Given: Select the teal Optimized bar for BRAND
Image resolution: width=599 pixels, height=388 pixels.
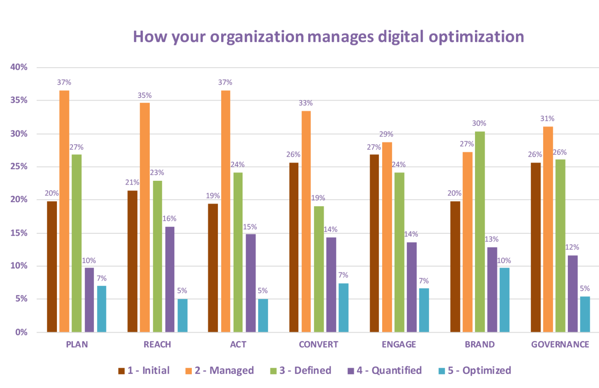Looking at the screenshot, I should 504,300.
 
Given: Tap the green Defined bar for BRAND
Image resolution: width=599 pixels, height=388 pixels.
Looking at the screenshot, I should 480,232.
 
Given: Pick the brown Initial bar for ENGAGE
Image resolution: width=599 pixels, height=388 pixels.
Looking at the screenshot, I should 374,243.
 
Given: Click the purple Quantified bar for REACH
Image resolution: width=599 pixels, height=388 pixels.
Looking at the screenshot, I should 170,279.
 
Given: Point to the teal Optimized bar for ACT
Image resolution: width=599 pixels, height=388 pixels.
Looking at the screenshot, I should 263,315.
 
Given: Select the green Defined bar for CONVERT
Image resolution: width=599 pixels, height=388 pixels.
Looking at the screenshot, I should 319,269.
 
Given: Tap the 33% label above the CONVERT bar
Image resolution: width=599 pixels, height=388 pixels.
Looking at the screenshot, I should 306,103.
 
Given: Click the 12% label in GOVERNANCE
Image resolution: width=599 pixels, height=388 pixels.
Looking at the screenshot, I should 572,247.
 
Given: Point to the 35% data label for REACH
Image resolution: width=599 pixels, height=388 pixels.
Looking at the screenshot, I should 145,95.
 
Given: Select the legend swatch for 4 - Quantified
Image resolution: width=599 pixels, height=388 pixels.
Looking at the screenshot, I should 351,371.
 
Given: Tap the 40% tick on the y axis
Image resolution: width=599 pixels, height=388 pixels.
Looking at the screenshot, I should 19,67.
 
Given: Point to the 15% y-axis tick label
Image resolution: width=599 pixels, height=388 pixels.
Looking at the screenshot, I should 19,233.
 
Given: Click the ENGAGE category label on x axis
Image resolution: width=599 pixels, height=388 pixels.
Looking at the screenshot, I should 399,344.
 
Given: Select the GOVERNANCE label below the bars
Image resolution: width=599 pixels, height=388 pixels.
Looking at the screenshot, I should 560,344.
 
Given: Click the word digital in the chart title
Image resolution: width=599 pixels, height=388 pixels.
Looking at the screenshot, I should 401,37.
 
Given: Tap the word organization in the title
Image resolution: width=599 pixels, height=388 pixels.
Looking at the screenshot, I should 257,37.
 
